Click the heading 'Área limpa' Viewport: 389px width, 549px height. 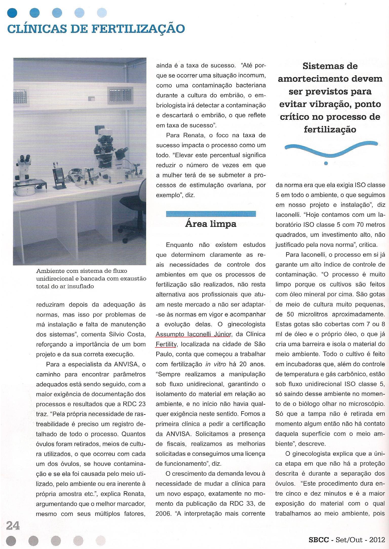211,224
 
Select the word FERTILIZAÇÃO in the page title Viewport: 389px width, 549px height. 138,28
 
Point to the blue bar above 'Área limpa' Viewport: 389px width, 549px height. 211,214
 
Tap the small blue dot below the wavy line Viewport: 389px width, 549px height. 326,163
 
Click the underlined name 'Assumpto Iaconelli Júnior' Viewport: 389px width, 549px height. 193,334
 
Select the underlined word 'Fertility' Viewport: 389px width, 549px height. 166,344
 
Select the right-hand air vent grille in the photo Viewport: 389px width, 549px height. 120,94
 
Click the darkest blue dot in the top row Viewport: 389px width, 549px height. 12,12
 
